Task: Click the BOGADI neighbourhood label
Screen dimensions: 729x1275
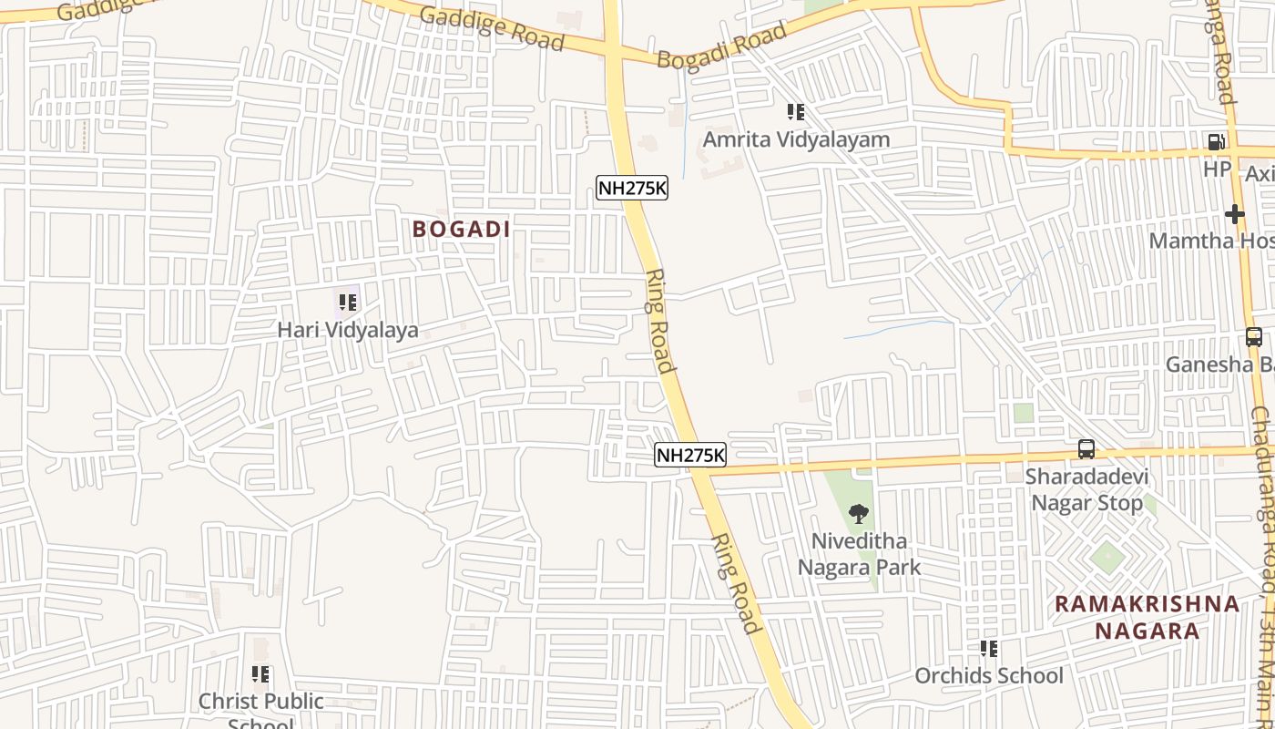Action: [461, 229]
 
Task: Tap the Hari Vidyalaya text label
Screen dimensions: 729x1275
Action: [348, 330]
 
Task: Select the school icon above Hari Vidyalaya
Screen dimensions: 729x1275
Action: [348, 302]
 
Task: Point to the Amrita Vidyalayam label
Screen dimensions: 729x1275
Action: [796, 140]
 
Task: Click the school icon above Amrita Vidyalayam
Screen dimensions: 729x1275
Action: [796, 112]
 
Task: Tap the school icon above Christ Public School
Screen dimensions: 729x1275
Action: [261, 674]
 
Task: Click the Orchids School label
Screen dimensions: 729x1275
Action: [989, 676]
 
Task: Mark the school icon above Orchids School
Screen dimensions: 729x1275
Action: [989, 649]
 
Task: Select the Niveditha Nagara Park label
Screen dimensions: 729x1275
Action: [859, 554]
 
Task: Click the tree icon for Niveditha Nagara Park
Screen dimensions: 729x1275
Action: [859, 514]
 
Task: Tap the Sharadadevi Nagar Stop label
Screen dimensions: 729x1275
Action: [1086, 490]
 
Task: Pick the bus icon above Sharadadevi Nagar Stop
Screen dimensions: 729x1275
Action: [1086, 449]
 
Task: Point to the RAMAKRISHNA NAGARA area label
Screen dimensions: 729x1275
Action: [1147, 617]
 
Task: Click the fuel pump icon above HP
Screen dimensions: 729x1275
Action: [1216, 142]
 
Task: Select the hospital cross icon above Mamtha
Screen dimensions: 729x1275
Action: [1235, 214]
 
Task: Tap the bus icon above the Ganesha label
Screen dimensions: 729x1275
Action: [1254, 337]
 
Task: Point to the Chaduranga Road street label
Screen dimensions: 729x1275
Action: [1262, 474]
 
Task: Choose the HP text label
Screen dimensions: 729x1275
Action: [1218, 169]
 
